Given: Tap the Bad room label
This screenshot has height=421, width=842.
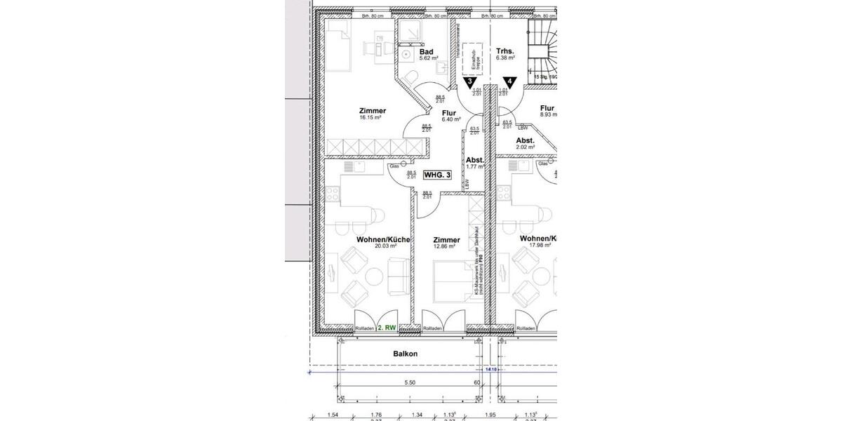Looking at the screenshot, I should tap(426, 52).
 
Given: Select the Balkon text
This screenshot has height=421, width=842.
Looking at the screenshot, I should tap(405, 354).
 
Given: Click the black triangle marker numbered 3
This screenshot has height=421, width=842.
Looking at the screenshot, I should tap(470, 81).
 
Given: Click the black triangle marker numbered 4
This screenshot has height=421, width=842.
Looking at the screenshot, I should tap(509, 81).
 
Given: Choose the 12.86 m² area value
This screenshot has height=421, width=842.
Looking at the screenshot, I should tap(446, 246).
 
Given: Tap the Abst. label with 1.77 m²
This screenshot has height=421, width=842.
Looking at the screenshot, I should tap(475, 160).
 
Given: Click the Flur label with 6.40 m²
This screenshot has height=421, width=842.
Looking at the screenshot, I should tap(449, 113).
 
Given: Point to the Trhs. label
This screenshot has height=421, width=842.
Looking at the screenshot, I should tap(505, 51).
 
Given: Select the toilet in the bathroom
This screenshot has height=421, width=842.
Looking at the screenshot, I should tap(414, 77).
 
